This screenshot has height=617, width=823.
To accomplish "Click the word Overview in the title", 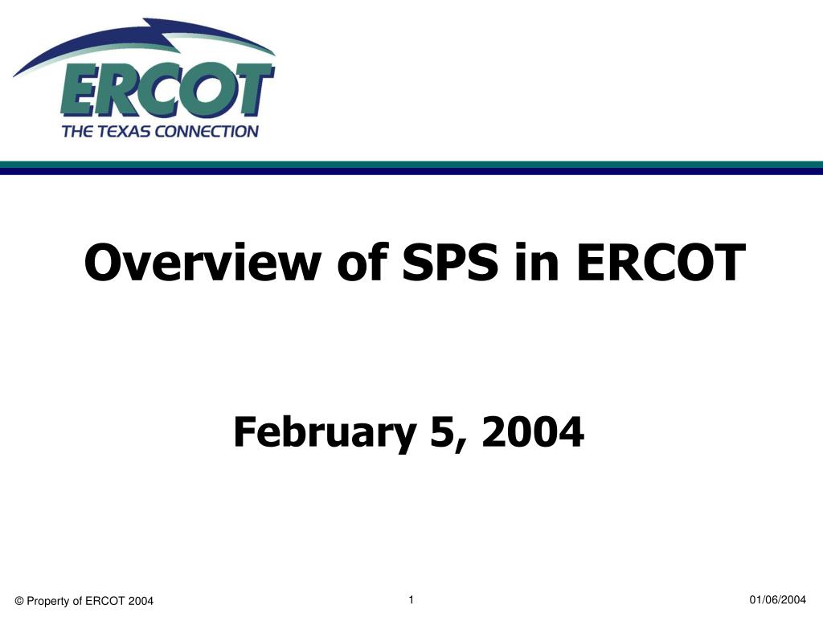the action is tap(203, 262).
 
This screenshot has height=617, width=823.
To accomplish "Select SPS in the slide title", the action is tap(450, 262).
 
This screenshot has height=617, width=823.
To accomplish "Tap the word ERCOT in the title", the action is tap(661, 262).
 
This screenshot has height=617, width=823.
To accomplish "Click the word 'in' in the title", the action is tap(537, 262).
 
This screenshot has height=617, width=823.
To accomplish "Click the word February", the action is tap(325, 431).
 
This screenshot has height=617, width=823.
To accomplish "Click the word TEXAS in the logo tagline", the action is tap(123, 131).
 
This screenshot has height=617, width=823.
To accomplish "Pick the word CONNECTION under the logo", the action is tap(207, 131).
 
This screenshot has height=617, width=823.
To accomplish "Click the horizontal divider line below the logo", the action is tap(411, 168).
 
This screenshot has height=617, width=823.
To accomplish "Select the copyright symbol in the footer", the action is tap(19, 601).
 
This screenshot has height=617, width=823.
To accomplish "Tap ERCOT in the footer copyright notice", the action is tap(105, 601).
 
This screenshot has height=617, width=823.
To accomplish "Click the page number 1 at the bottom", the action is tap(411, 599).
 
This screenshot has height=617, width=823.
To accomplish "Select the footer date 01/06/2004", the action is tap(777, 599).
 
